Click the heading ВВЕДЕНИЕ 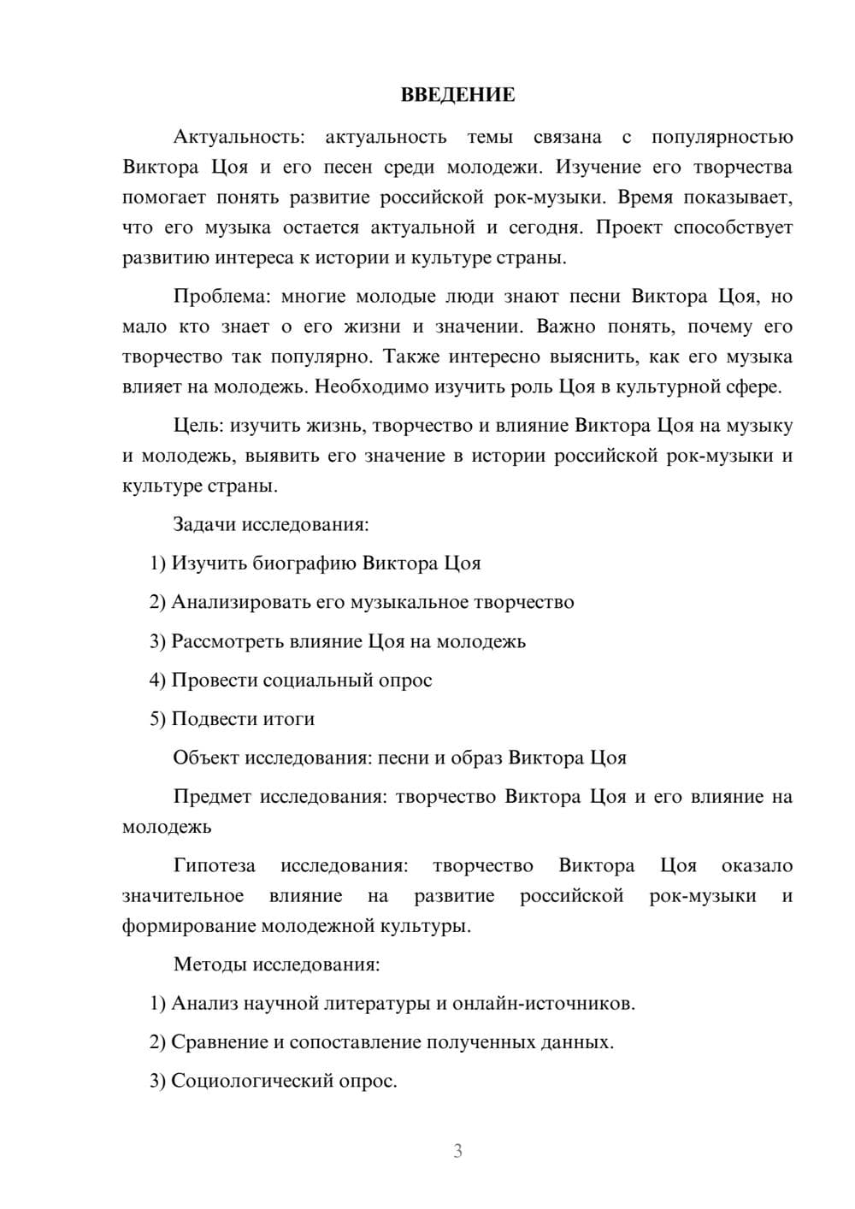457,95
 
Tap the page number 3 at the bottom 457,1151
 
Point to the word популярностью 722,137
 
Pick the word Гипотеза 214,866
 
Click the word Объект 206,758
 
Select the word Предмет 212,797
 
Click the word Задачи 204,525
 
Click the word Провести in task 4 214,681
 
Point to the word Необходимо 372,387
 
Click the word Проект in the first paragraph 630,227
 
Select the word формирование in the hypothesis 188,926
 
